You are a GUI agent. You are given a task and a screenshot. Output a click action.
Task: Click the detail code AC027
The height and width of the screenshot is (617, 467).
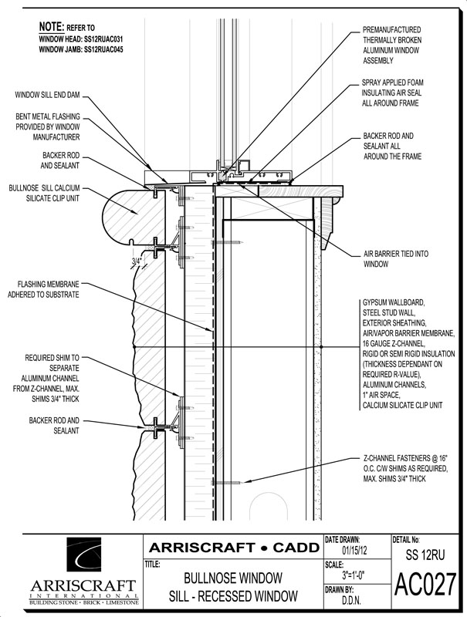425,585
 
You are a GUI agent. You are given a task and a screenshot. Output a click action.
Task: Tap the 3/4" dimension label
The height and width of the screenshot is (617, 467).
137,261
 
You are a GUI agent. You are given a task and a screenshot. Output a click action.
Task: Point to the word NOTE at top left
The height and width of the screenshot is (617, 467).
52,25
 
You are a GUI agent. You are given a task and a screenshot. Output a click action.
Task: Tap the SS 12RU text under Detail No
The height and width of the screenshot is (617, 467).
425,553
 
